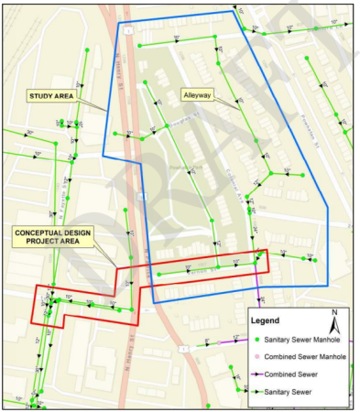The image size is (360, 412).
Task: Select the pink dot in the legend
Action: click(257, 356)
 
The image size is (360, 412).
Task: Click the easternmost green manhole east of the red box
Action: click(314, 260)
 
